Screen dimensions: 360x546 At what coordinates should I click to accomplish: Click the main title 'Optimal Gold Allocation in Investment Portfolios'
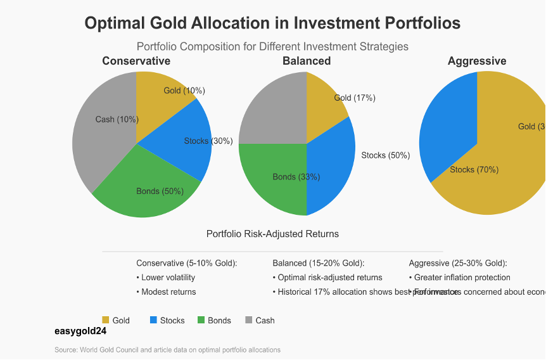point(272,23)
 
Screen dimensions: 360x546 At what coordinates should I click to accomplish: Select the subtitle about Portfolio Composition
point(272,46)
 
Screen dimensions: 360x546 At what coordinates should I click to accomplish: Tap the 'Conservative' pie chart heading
point(136,61)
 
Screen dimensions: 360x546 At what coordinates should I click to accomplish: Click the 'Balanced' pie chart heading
point(307,61)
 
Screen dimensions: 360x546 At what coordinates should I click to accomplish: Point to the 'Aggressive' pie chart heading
point(477,61)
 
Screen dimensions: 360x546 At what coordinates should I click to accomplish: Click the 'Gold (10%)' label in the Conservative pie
point(184,91)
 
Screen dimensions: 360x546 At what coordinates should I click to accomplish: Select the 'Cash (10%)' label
point(117,119)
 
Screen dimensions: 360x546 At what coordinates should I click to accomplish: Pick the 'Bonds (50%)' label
point(160,191)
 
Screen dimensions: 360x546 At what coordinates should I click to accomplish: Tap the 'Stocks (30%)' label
point(208,141)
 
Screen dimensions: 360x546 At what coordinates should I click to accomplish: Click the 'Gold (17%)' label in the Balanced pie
point(355,98)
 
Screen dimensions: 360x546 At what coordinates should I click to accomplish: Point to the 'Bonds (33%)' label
point(296,177)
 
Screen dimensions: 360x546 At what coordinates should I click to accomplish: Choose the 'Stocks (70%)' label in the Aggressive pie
point(474,169)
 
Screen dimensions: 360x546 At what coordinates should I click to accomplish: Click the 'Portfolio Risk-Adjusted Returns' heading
point(272,234)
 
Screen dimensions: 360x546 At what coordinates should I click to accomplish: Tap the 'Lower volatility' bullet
point(168,277)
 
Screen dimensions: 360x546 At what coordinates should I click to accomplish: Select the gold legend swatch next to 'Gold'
point(106,320)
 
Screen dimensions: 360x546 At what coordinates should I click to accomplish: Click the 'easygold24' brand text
point(80,330)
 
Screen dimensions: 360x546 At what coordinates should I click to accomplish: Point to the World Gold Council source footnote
point(167,350)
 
